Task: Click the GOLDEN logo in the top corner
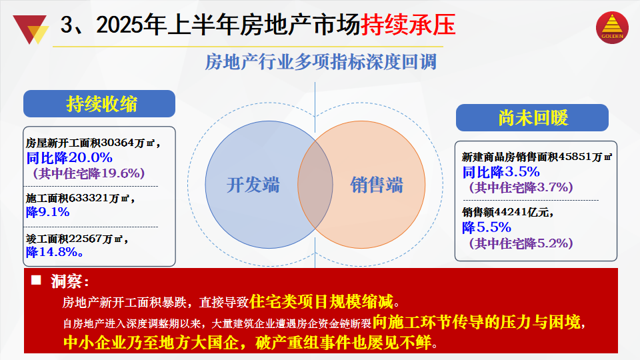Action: (x=612, y=27)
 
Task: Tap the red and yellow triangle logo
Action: (x=31, y=29)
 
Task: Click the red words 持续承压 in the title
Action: (x=408, y=25)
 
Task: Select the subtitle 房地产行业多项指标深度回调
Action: (x=321, y=62)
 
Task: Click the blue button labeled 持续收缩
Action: (x=99, y=104)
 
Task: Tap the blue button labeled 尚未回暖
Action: (x=532, y=117)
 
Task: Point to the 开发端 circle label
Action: (x=253, y=185)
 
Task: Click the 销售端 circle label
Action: (x=376, y=185)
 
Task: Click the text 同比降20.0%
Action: (x=69, y=157)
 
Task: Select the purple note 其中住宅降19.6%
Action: (x=89, y=173)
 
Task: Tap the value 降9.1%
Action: (x=48, y=212)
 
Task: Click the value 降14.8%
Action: (x=55, y=252)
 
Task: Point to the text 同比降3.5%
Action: (x=501, y=172)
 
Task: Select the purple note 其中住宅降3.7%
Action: (x=521, y=187)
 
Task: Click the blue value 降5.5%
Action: (x=487, y=227)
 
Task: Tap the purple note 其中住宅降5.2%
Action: (x=521, y=243)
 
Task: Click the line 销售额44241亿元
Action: (x=507, y=212)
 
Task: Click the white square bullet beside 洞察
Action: (x=36, y=280)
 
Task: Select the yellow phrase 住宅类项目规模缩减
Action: (x=321, y=301)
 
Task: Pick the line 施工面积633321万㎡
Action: (x=80, y=199)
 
